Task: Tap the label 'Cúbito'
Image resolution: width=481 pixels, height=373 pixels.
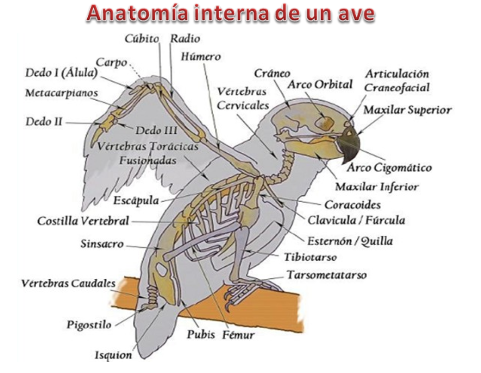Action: [x=142, y=39]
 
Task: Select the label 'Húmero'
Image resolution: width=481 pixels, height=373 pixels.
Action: [x=201, y=57]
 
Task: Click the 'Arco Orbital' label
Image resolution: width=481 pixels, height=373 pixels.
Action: [x=320, y=85]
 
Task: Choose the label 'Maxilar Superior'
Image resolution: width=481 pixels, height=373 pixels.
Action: [x=407, y=110]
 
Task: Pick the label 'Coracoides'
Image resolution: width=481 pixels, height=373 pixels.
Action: [x=352, y=205]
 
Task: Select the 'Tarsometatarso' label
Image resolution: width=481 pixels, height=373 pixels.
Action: [x=326, y=275]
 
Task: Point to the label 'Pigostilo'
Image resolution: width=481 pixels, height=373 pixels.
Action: [x=89, y=325]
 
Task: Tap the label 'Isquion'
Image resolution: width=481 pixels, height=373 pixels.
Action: [x=113, y=355]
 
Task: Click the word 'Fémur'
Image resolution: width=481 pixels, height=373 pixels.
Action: [x=239, y=335]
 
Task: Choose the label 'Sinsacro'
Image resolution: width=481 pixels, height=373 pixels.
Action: [x=102, y=244]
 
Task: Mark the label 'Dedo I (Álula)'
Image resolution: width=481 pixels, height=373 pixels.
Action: [x=62, y=73]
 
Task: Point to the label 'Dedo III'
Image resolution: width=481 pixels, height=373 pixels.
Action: [x=156, y=131]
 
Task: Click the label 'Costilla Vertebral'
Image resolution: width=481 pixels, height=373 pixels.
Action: [x=83, y=221]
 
